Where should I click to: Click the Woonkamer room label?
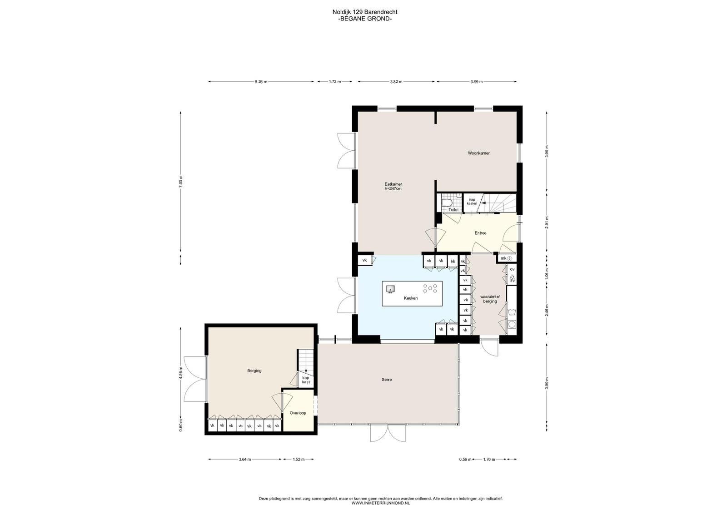pyautogui.click(x=478, y=153)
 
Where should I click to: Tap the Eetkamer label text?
pyautogui.click(x=393, y=184)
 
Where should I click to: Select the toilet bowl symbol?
pyautogui.click(x=447, y=203)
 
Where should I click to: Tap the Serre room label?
pyautogui.click(x=387, y=380)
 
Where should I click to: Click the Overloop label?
pyautogui.click(x=298, y=413)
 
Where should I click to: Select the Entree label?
pyautogui.click(x=480, y=233)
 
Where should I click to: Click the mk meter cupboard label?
pyautogui.click(x=503, y=258)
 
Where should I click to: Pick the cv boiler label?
pyautogui.click(x=512, y=269)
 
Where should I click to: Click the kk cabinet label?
pyautogui.click(x=453, y=261)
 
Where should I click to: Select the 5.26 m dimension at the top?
pyautogui.click(x=261, y=82)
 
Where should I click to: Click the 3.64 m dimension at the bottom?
pyautogui.click(x=245, y=459)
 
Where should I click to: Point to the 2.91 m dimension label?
pyautogui.click(x=547, y=222)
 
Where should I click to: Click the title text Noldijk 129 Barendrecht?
pyautogui.click(x=365, y=12)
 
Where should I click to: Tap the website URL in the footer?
pyautogui.click(x=380, y=503)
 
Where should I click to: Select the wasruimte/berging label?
pyautogui.click(x=490, y=299)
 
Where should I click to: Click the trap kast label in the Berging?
pyautogui.click(x=306, y=380)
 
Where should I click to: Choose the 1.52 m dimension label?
pyautogui.click(x=299, y=459)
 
